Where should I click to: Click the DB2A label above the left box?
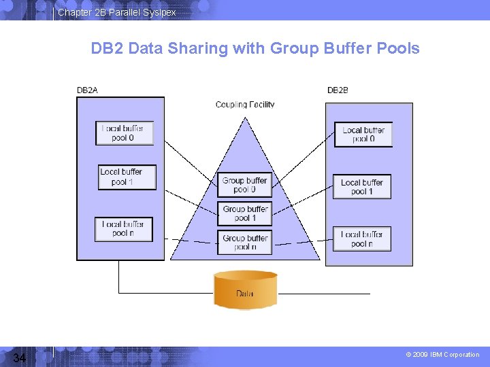tap(87, 90)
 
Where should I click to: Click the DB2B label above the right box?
tap(337, 90)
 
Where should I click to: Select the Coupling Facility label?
tap(245, 105)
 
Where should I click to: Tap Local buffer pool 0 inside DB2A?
tap(125, 133)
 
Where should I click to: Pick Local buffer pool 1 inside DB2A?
tap(127, 177)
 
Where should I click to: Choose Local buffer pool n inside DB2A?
tap(124, 228)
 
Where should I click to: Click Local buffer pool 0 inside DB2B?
tap(363, 134)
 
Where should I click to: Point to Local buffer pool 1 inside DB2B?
tap(362, 186)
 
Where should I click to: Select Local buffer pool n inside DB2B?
tap(362, 239)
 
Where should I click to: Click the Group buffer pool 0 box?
tap(244, 185)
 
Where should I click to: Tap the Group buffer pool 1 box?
tap(244, 213)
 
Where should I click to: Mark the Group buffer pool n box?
tap(244, 243)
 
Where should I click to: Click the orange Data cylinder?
tap(245, 290)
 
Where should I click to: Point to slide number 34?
tap(19, 357)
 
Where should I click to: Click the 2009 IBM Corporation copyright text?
tap(442, 355)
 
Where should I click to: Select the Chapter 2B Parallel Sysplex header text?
tap(117, 12)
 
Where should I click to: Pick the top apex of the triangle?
tap(245, 118)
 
